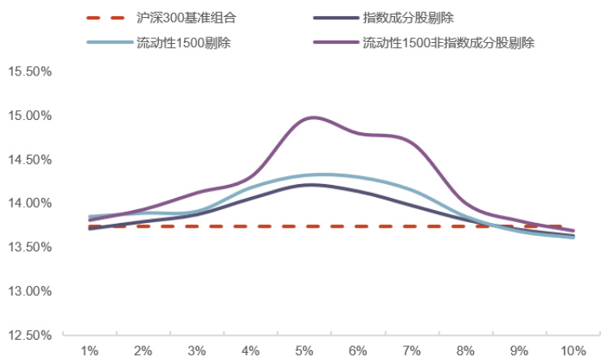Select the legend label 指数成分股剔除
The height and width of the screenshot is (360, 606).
(406, 16)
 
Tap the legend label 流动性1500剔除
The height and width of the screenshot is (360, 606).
(184, 42)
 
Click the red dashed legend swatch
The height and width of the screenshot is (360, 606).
(105, 17)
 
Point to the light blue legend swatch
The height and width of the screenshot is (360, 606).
(105, 42)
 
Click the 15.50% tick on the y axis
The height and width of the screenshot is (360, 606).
(29, 71)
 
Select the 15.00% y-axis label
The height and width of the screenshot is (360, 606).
(29, 115)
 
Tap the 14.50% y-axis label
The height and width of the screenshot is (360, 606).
(29, 159)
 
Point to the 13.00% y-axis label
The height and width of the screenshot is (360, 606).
(29, 290)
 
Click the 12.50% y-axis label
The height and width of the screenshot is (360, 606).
(29, 334)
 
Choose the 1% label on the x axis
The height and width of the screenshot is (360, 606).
(89, 350)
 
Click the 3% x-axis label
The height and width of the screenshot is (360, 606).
(196, 350)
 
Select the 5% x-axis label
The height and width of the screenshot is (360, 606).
(304, 350)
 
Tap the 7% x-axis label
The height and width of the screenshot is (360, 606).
(411, 350)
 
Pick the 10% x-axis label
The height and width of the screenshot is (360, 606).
(573, 350)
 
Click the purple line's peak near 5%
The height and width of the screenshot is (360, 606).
(312, 118)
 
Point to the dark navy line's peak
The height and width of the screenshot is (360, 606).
(309, 185)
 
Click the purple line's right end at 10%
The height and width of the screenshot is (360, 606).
(574, 231)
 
